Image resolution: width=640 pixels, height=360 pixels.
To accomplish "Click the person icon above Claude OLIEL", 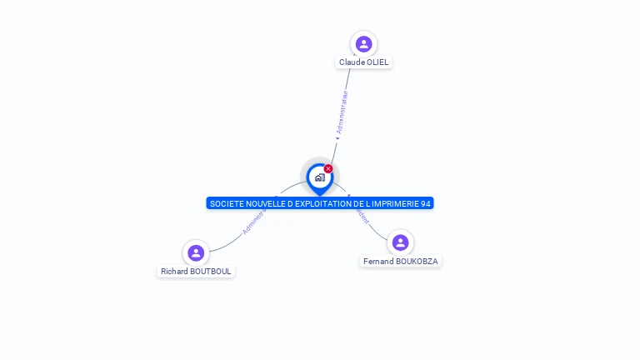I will point(363,43).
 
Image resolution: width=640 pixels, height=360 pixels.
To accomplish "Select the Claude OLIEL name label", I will point(363,62).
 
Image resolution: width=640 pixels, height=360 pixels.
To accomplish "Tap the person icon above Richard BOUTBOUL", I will point(196,252).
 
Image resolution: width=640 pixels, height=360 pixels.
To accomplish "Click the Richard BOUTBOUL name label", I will point(196,272).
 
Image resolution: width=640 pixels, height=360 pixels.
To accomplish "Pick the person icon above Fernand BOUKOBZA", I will point(400,242).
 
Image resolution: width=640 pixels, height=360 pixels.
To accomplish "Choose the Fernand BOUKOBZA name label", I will point(400,262).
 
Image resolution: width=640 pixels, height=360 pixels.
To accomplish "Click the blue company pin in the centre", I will point(319,177).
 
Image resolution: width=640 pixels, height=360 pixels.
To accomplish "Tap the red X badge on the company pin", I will point(328,169).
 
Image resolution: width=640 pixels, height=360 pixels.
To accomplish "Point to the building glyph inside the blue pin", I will point(319,177).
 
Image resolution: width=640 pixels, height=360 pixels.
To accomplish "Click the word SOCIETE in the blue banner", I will point(224,203).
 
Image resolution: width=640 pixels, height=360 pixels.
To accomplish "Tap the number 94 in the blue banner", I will point(426,203).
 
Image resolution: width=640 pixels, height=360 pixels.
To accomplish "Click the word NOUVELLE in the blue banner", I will point(262,203).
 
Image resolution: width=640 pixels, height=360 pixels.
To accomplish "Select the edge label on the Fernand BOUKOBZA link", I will point(361,213).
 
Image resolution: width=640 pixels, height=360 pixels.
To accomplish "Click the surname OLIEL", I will point(377,62).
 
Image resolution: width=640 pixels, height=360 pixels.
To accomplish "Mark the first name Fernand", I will point(378,262).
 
